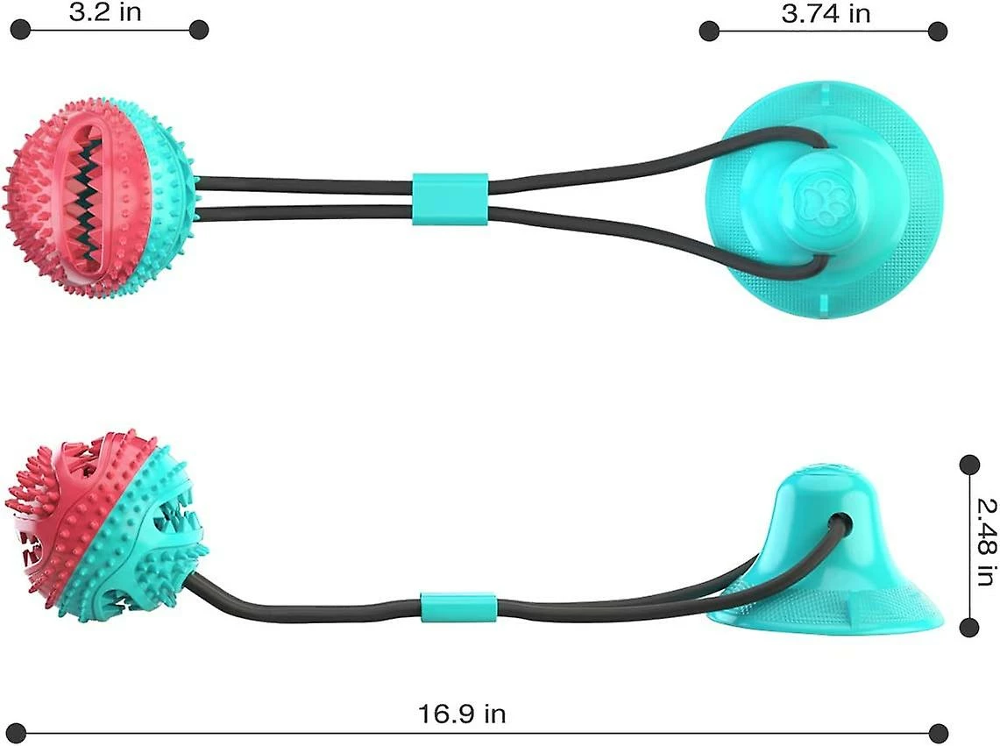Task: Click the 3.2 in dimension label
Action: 104,11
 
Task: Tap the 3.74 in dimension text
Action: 826,13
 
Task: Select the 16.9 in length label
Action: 463,714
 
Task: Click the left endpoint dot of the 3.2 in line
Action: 20,29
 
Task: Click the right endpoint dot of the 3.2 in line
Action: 198,29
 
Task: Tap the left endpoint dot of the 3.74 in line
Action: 709,31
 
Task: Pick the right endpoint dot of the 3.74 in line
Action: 938,31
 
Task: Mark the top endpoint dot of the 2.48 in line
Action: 968,465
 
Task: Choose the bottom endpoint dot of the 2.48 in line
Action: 968,628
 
